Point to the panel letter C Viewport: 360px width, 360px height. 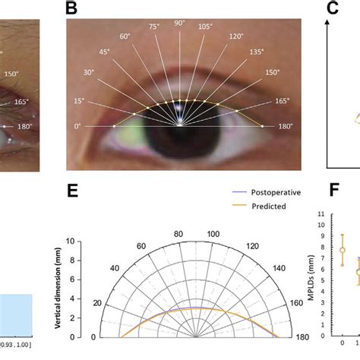pos(332,9)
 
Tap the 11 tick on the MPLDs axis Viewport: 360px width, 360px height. pos(324,216)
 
